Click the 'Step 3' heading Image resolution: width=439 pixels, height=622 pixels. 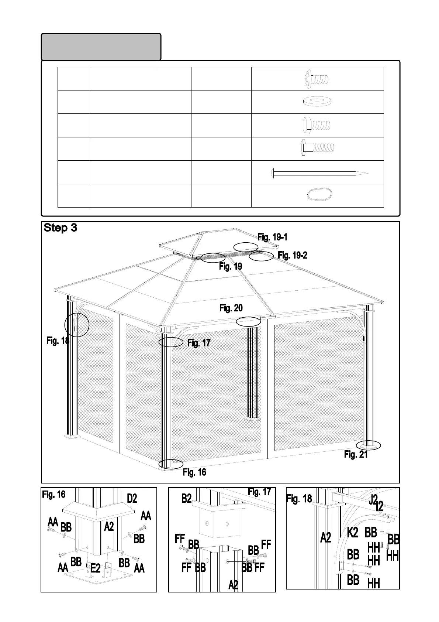[61, 228]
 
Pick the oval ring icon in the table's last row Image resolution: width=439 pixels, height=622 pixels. [319, 194]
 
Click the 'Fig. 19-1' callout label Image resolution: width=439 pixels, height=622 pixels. [272, 237]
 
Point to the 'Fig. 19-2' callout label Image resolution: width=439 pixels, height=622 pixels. [293, 255]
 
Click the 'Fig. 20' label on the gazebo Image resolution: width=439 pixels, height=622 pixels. [231, 308]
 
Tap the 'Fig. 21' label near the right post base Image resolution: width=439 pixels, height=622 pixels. [356, 455]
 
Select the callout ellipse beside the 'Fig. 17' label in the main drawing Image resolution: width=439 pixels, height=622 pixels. [171, 342]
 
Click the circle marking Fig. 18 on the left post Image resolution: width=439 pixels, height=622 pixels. [77, 325]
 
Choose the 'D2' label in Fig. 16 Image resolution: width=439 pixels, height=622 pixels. [132, 499]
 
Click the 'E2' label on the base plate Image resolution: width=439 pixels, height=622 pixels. [96, 568]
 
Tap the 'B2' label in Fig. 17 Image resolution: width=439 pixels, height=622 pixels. [187, 499]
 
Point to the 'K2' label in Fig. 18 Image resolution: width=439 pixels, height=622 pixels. [353, 533]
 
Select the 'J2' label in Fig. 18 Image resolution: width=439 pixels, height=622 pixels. [373, 499]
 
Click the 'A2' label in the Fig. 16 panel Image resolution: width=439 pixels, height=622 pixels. [109, 527]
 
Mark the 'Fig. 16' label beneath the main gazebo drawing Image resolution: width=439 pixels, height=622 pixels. [194, 472]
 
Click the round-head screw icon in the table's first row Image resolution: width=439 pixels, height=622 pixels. [317, 78]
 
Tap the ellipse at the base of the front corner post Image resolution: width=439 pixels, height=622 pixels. [171, 464]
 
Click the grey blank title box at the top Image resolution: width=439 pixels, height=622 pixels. [101, 47]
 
